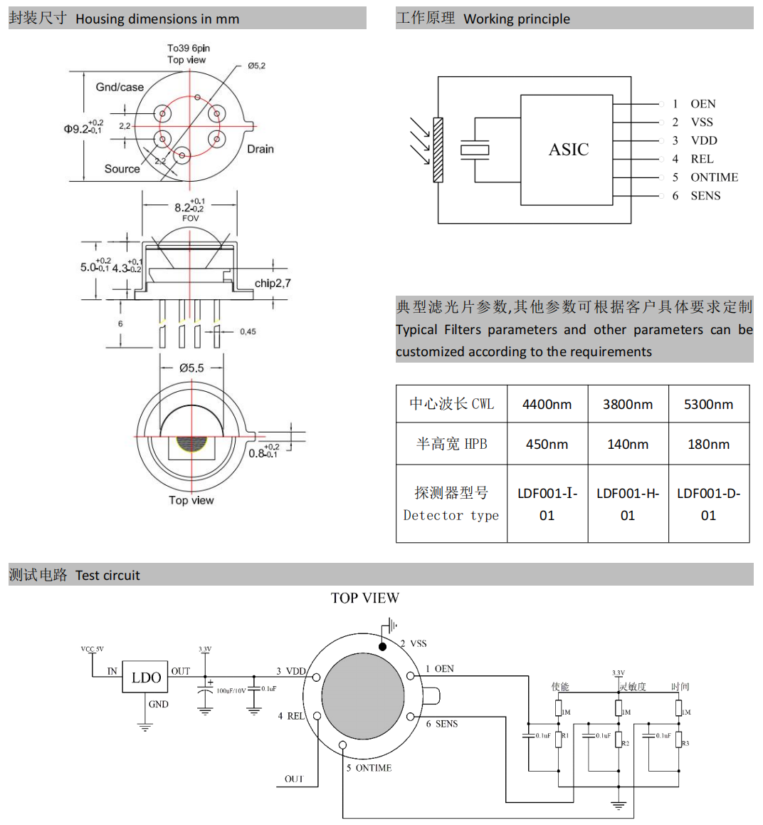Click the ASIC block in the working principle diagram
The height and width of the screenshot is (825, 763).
click(568, 150)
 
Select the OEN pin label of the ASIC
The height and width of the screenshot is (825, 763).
click(703, 104)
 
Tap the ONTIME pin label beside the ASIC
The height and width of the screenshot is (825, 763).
click(713, 177)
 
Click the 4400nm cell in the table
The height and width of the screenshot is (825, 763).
click(547, 405)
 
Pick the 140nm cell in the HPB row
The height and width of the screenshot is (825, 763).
click(627, 445)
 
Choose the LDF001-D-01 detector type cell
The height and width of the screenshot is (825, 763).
click(708, 504)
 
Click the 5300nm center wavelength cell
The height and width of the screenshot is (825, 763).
click(708, 405)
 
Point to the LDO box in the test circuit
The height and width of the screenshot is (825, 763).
click(146, 678)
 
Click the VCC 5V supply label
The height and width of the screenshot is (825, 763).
click(92, 649)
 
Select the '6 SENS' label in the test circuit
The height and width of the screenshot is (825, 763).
click(442, 724)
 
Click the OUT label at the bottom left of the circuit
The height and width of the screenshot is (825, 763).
click(293, 779)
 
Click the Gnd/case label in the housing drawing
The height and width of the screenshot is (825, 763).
click(120, 87)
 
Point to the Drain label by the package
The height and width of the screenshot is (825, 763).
click(260, 149)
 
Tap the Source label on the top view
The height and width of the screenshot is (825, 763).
click(122, 169)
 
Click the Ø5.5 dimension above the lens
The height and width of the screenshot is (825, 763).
click(191, 368)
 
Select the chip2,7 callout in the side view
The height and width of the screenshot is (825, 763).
click(272, 284)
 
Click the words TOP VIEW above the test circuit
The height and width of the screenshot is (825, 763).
click(364, 598)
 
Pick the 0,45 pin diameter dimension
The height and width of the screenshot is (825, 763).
click(248, 331)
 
